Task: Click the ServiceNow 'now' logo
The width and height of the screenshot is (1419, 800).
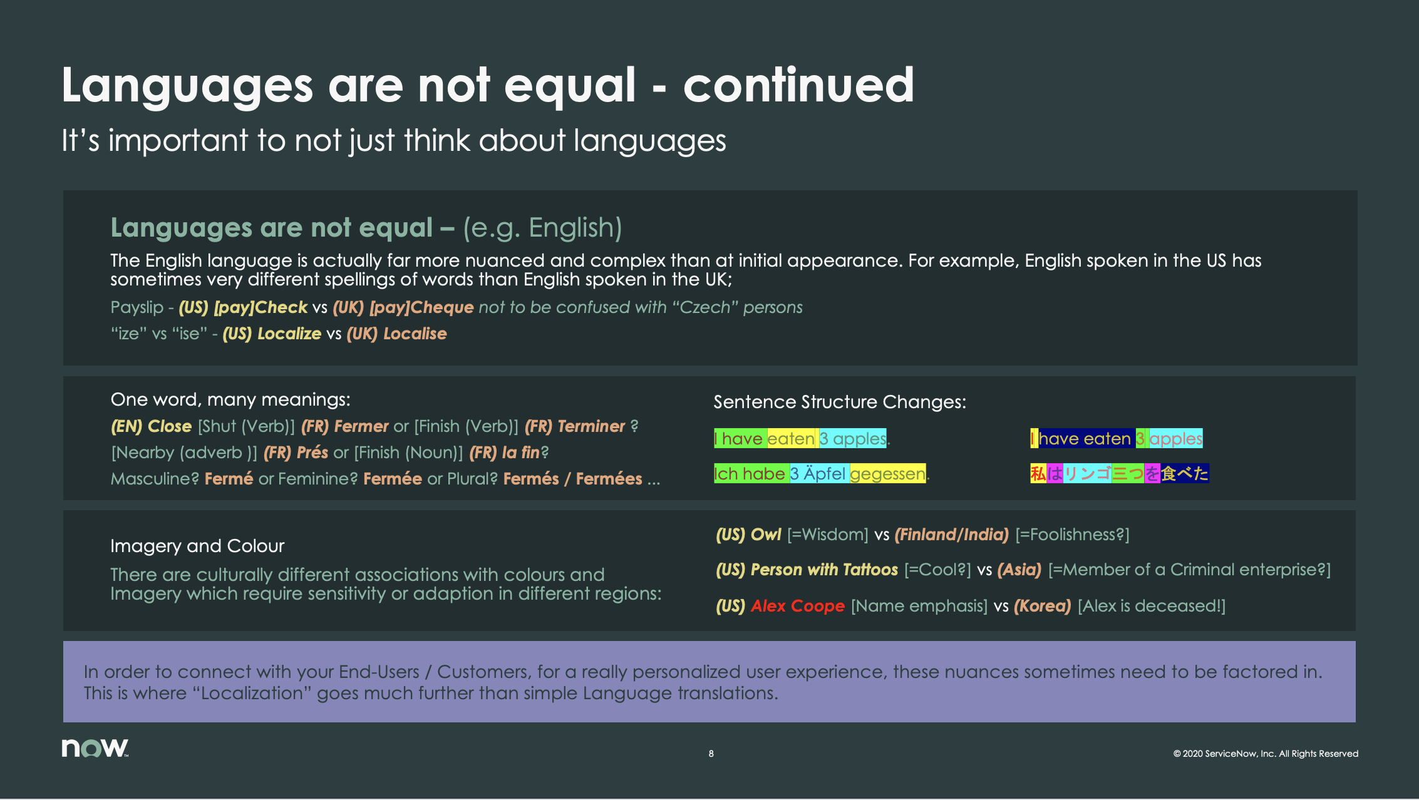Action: pos(95,748)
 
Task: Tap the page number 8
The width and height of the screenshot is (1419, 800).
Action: pos(711,754)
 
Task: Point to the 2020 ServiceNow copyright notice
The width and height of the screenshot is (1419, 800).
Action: pos(1266,754)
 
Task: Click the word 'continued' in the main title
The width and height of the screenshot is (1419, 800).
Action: pos(798,85)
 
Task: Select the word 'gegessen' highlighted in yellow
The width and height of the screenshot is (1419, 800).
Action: pos(887,474)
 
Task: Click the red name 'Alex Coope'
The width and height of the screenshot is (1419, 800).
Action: pos(798,606)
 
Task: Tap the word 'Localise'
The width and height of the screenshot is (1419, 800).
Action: pos(415,334)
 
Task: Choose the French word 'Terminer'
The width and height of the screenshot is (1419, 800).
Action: pos(591,426)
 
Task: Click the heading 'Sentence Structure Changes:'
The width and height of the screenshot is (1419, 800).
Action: pos(840,402)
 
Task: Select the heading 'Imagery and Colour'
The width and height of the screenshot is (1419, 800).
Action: pos(197,546)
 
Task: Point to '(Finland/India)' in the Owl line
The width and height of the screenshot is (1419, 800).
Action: pos(951,535)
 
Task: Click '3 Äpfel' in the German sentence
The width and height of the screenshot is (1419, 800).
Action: pos(818,474)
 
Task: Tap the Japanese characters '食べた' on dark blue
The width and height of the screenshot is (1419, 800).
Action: pos(1184,473)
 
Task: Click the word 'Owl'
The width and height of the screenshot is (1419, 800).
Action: pos(766,535)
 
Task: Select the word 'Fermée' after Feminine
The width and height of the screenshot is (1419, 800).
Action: pos(393,479)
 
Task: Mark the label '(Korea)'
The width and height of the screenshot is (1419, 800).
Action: pos(1043,606)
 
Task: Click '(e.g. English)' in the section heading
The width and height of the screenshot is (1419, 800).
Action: pos(542,228)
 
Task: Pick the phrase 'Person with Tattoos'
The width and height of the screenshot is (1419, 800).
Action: pos(824,570)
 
